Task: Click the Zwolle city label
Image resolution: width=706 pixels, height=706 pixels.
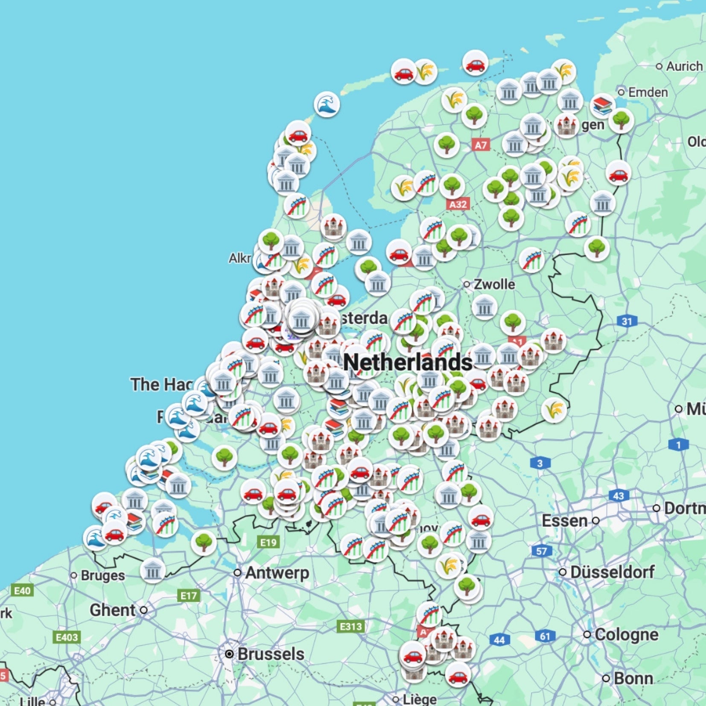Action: point(494,284)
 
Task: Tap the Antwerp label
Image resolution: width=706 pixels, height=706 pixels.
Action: point(277,573)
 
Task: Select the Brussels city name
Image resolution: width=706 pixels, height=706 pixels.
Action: point(271,654)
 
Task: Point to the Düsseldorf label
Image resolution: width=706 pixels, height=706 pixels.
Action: point(612,572)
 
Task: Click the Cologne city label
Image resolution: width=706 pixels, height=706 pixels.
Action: point(626,635)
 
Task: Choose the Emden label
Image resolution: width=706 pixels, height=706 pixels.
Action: point(648,92)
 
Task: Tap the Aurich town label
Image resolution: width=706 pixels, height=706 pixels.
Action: point(684,66)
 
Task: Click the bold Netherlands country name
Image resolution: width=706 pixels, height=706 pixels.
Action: point(408,362)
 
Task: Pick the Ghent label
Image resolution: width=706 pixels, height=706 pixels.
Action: point(113,610)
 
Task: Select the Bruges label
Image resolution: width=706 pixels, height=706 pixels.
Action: point(103,575)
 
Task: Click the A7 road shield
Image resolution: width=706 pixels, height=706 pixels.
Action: point(481,145)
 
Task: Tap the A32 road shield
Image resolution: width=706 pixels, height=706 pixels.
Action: point(458,204)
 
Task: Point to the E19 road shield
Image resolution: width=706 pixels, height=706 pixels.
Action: point(268,543)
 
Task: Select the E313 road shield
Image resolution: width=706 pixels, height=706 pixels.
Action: point(351,627)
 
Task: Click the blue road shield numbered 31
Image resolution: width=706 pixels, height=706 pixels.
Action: point(627,321)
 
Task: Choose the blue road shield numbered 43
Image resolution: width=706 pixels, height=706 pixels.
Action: point(618,496)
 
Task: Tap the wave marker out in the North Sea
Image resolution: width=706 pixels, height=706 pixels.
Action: point(327,105)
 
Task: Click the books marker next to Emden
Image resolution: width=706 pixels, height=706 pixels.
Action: point(603,105)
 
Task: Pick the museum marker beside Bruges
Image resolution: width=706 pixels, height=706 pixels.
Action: point(152,570)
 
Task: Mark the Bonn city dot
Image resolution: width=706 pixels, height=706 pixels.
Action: point(606,678)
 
